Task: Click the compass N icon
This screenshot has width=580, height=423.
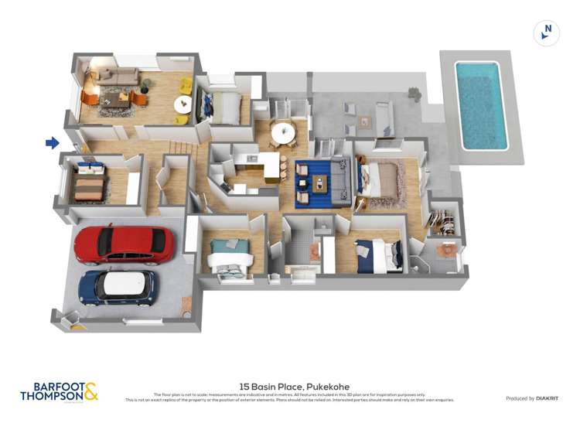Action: tap(547, 32)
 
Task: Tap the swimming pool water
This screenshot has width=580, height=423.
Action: tap(481, 104)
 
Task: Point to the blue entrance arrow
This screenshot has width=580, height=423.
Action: tap(52, 142)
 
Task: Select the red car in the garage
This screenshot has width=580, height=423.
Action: tap(124, 244)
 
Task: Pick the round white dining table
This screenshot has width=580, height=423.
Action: tap(282, 132)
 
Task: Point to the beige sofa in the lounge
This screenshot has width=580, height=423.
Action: tap(118, 76)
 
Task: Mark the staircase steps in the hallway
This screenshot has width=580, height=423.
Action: tap(180, 148)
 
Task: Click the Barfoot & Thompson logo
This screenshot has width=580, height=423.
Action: tap(60, 392)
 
